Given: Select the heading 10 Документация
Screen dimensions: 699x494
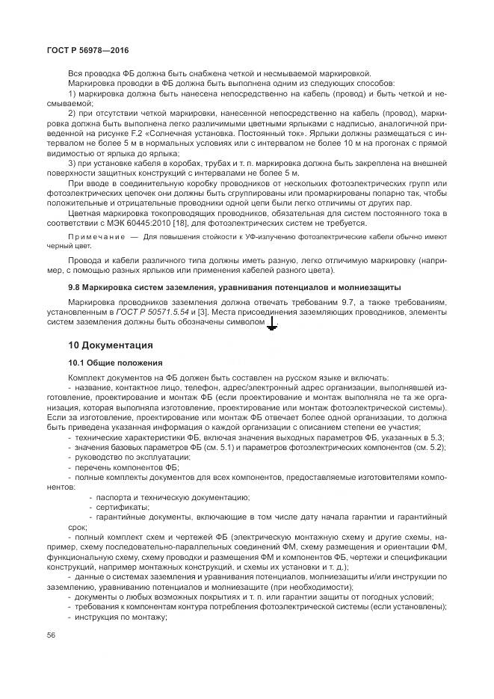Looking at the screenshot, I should [111, 345].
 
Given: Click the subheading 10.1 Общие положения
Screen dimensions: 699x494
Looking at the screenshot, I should [111, 362].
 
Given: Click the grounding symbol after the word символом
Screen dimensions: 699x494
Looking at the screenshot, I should [272, 323].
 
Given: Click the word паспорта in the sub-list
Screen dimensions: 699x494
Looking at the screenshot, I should [113, 496].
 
